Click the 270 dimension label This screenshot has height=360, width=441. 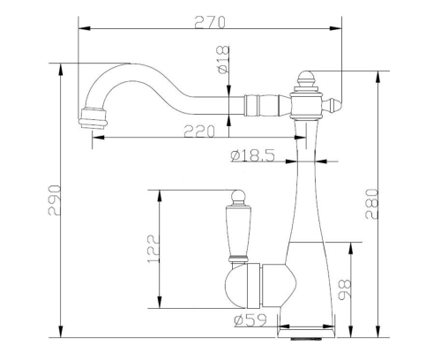pos(210,23)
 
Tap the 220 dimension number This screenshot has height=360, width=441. pos(199,131)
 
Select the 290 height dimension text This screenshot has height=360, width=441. pos(55,200)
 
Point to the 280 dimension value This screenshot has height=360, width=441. pos(371,204)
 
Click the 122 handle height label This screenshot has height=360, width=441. pos(153,249)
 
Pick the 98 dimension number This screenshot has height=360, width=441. pos(345,289)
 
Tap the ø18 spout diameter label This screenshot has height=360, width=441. pos(223,60)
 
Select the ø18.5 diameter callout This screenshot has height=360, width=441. pos(253,155)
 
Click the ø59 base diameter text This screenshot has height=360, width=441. pos(250,320)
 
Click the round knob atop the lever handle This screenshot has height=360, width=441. pos(238,196)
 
